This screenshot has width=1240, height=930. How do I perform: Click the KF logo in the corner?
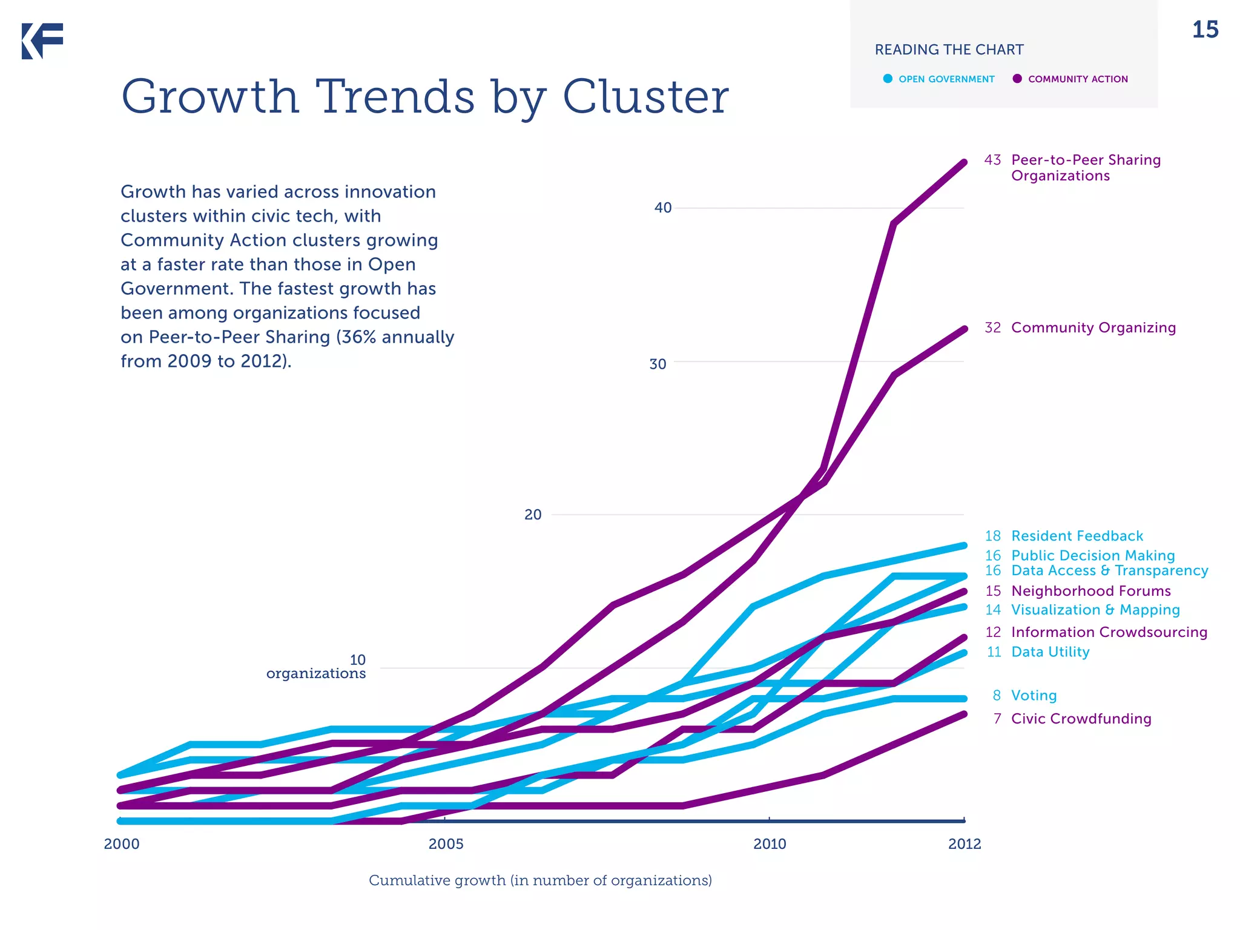tap(42, 41)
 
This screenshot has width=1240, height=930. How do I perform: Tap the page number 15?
tap(1204, 30)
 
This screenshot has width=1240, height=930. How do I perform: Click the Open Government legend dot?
tap(888, 79)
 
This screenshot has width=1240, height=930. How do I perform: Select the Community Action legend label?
tap(1077, 79)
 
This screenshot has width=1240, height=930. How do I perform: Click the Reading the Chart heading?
tap(949, 50)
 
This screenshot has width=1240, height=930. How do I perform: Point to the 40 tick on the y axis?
tap(663, 208)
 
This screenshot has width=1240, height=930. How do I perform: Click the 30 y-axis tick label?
tap(658, 364)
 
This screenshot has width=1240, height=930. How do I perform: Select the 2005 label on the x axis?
tap(446, 844)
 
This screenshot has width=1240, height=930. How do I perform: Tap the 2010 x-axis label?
tap(770, 844)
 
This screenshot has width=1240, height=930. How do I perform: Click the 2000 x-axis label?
tap(122, 844)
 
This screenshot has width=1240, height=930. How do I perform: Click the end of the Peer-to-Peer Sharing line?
tap(964, 162)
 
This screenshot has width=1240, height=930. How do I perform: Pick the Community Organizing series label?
tap(1093, 328)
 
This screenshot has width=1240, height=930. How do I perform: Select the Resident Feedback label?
tap(1077, 536)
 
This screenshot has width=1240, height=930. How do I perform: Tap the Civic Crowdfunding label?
tap(1081, 719)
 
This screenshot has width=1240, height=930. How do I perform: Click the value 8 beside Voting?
tap(997, 696)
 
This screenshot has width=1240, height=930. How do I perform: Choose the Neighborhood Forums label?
tap(1090, 591)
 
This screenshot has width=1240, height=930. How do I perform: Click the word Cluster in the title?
tap(645, 97)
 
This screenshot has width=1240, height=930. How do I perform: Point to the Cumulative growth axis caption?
tap(540, 880)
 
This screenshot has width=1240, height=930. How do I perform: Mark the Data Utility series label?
tap(1050, 652)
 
